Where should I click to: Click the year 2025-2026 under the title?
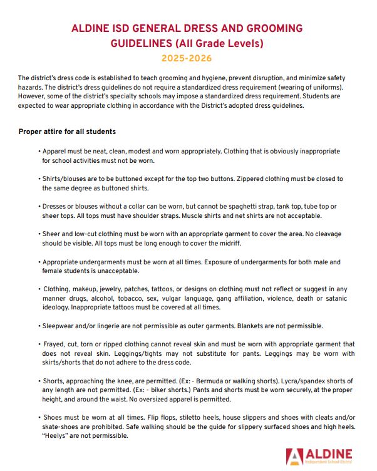[x=187, y=59]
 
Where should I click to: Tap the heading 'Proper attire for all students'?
[x=68, y=132]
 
